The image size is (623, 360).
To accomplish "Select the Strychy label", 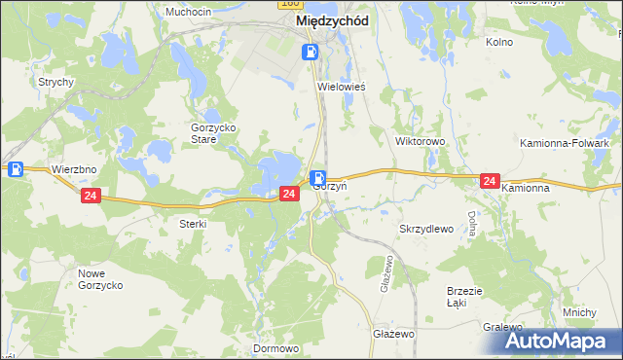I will [x=56, y=82].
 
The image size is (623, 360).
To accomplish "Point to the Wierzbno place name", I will [x=75, y=168].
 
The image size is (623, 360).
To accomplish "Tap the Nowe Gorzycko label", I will [x=99, y=279].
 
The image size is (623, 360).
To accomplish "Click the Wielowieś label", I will [x=342, y=87].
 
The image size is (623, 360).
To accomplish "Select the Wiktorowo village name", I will [x=420, y=141].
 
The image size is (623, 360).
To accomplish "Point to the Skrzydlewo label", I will [x=427, y=229].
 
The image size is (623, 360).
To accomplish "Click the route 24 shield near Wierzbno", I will [x=91, y=196].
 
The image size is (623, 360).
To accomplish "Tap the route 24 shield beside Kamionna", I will [x=490, y=181].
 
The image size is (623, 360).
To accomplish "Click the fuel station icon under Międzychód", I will [x=310, y=53].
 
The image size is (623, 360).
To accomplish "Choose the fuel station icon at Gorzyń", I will [x=318, y=178].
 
